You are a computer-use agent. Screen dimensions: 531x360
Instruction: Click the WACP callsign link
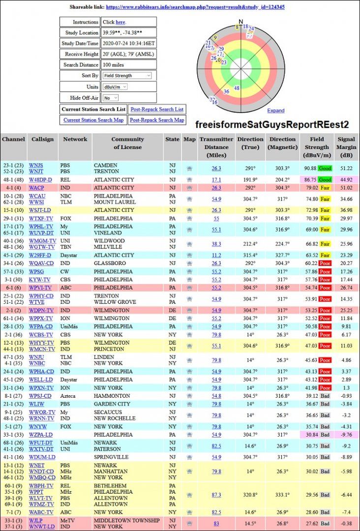pyautogui.click(x=36, y=188)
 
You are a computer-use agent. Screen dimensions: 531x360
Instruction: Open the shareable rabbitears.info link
pyautogui.click(x=195, y=7)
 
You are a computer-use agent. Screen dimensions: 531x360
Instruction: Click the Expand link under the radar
pyautogui.click(x=276, y=111)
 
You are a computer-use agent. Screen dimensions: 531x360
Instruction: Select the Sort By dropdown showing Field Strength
pyautogui.click(x=127, y=76)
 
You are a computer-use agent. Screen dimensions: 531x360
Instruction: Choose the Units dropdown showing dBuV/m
pyautogui.click(x=115, y=87)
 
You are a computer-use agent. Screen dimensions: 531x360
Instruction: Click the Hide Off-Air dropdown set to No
pyautogui.click(x=111, y=98)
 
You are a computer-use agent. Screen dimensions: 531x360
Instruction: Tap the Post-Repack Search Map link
pyautogui.click(x=157, y=120)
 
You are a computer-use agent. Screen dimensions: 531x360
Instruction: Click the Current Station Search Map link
pyautogui.click(x=93, y=120)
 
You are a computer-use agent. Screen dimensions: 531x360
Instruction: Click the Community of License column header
pyautogui.click(x=127, y=143)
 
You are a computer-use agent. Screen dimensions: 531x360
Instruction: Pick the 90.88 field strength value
pyautogui.click(x=310, y=168)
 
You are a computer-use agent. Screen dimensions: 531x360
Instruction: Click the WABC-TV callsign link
pyautogui.click(x=41, y=512)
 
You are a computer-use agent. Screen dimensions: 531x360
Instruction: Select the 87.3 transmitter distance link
pyautogui.click(x=216, y=495)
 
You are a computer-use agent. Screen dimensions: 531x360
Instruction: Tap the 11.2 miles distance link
pyautogui.click(x=216, y=255)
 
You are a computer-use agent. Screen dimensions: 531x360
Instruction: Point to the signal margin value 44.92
pyautogui.click(x=346, y=180)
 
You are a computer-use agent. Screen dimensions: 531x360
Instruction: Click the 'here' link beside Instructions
pyautogui.click(x=120, y=22)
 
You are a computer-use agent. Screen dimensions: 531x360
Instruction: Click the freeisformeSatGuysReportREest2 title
pyautogui.click(x=272, y=124)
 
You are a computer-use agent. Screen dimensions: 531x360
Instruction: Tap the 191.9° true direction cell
pyautogui.click(x=250, y=180)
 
